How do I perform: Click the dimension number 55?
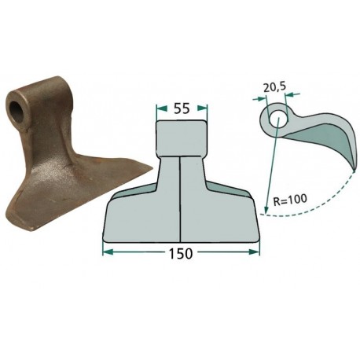click(x=182, y=108)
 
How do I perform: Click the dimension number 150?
click(x=181, y=253)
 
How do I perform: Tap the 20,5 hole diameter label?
click(x=274, y=88)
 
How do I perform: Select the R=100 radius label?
click(x=289, y=200)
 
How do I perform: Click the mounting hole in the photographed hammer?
click(x=17, y=111)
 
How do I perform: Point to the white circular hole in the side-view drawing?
click(x=278, y=119)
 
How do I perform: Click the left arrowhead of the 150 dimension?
click(x=108, y=252)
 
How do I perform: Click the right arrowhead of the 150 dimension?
click(x=254, y=252)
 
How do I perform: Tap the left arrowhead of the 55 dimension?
click(x=162, y=108)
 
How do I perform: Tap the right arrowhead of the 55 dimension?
click(x=202, y=108)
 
